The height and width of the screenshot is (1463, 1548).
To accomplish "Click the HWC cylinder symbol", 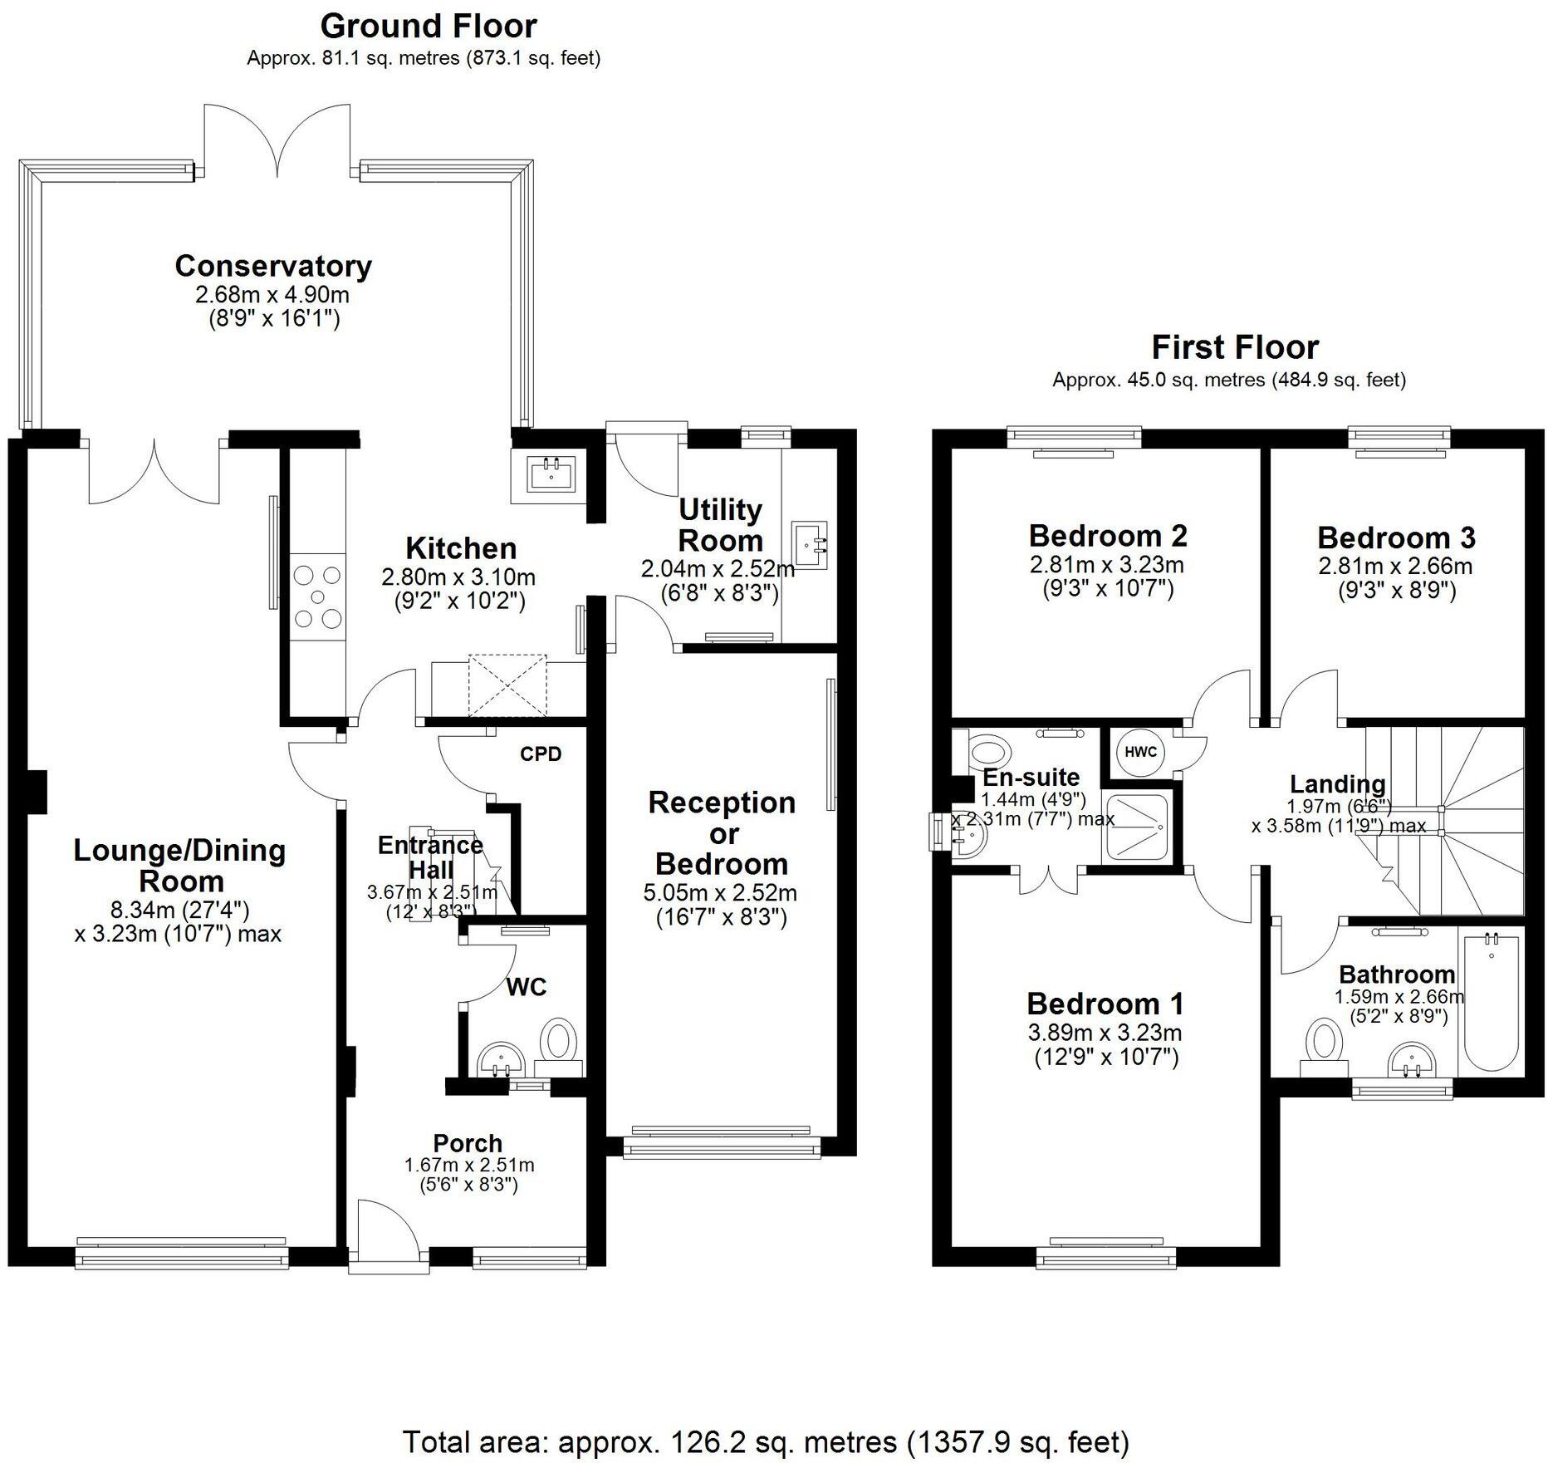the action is pyautogui.click(x=1141, y=752).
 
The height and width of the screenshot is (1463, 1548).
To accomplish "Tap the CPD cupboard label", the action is pyautogui.click(x=541, y=754).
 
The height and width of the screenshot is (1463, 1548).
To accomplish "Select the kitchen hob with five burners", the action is pyautogui.click(x=318, y=596).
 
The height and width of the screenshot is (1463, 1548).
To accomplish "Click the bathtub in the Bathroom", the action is pyautogui.click(x=1492, y=1003).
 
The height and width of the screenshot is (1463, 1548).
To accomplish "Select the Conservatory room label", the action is pyautogui.click(x=273, y=266).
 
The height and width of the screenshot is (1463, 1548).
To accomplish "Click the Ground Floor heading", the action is pyautogui.click(x=429, y=26).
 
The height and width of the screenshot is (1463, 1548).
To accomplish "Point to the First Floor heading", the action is pyautogui.click(x=1235, y=346).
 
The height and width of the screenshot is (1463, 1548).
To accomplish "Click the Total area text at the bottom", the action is pyautogui.click(x=766, y=1441).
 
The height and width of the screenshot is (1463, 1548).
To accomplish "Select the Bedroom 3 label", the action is pyautogui.click(x=1396, y=538).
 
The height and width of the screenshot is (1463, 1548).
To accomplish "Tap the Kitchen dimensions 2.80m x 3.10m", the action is pyautogui.click(x=458, y=577).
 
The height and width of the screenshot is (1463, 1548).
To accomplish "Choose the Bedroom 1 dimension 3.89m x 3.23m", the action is pyautogui.click(x=1105, y=1033).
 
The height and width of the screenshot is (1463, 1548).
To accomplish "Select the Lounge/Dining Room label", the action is pyautogui.click(x=180, y=866).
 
